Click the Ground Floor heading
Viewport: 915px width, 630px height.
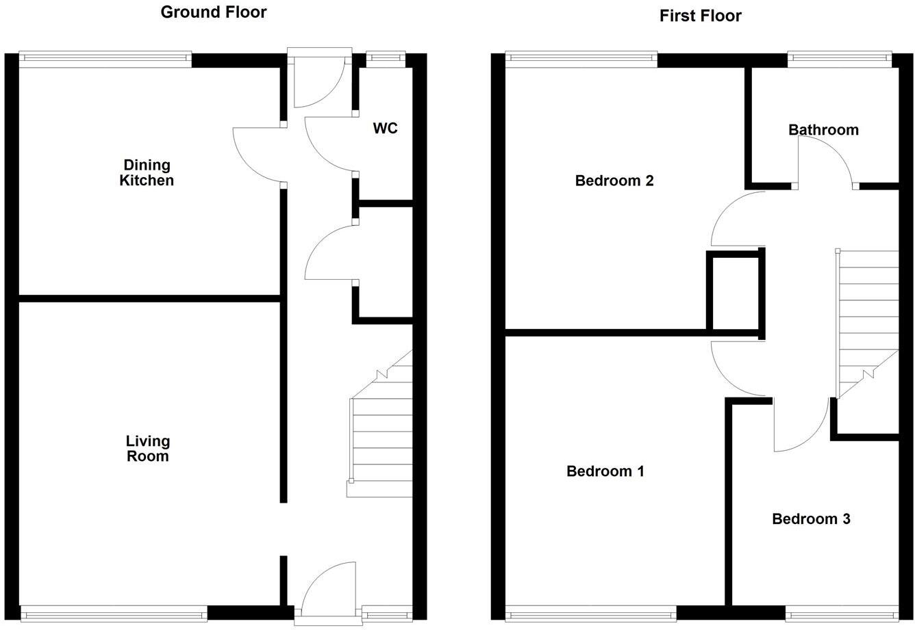[213, 12]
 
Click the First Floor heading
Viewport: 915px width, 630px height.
[700, 16]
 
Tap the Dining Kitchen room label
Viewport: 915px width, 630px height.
[147, 172]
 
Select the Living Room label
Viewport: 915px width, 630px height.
[147, 449]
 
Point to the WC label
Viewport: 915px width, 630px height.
[385, 128]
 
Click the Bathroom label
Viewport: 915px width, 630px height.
[823, 129]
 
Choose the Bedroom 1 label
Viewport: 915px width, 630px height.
[605, 471]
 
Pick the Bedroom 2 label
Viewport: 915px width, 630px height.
[614, 181]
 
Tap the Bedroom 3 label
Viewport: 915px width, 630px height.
[810, 519]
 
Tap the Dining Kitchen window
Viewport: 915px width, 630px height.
[105, 60]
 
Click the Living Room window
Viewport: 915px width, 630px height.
[114, 613]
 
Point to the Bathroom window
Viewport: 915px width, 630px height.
[840, 60]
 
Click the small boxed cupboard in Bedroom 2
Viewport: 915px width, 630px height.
[734, 293]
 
